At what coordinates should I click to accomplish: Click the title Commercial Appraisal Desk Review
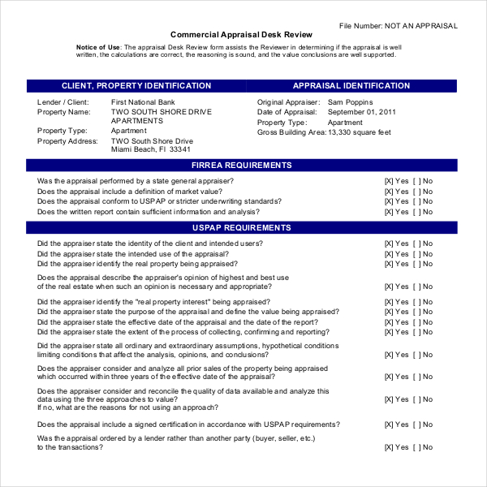pyautogui.click(x=241, y=34)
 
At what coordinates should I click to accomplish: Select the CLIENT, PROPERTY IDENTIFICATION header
pyautogui.click(x=136, y=86)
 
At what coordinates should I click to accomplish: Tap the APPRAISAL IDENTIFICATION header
pyautogui.click(x=351, y=86)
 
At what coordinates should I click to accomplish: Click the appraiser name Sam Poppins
pyautogui.click(x=351, y=102)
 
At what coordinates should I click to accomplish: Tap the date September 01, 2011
pyautogui.click(x=361, y=112)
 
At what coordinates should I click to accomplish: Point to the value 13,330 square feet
pyautogui.click(x=359, y=131)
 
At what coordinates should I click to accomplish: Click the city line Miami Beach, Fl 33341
pyautogui.click(x=151, y=149)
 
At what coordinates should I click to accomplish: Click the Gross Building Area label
pyautogui.click(x=291, y=131)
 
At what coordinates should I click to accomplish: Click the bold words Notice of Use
pyautogui.click(x=99, y=48)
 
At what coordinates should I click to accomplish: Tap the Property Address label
pyautogui.click(x=67, y=140)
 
